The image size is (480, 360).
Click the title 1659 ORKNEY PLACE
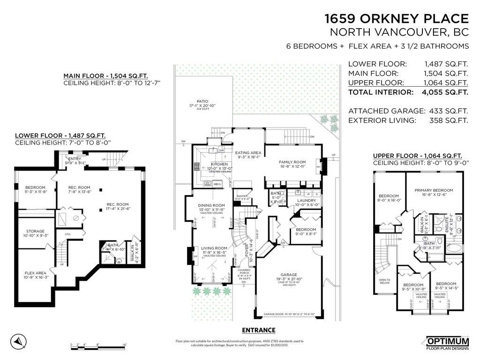tap(397, 19)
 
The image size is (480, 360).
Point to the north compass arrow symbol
tap(18, 340)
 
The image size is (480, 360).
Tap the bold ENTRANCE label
tap(259, 330)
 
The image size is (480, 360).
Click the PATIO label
tap(202, 101)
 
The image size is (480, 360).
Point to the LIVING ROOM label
tap(214, 248)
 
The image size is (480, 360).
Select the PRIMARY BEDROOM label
tap(433, 190)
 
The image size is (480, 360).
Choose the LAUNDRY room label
tap(307, 200)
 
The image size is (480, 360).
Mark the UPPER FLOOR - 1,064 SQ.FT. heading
tap(417, 156)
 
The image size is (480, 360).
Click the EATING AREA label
tap(248, 153)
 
